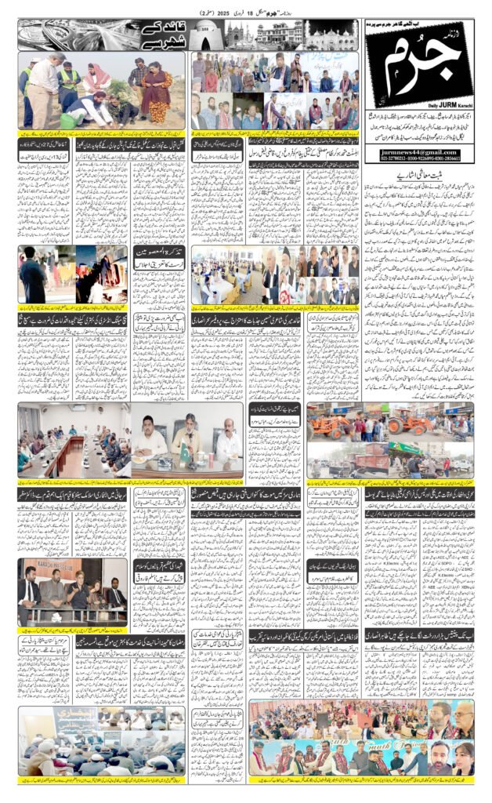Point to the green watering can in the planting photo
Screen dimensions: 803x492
click(74, 118)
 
